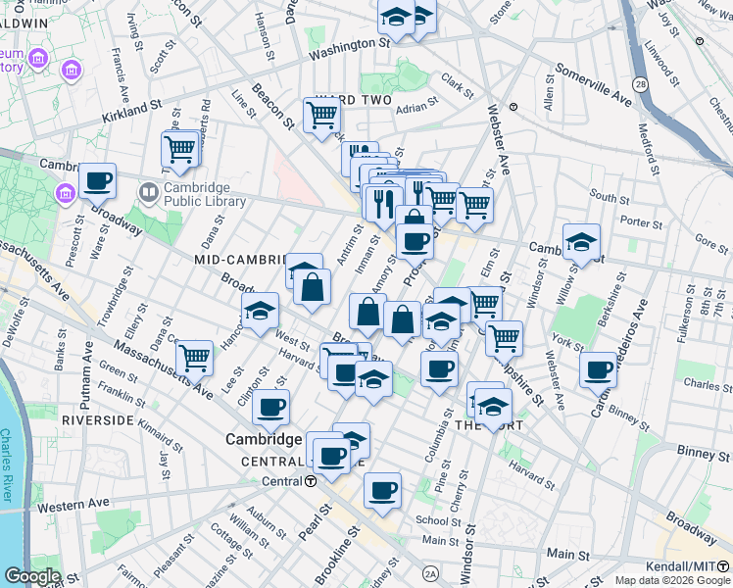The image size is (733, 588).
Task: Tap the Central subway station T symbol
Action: (x=311, y=481)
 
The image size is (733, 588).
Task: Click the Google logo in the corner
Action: (x=31, y=576)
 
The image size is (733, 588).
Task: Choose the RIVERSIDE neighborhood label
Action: (x=97, y=419)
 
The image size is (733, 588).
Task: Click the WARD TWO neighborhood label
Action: (x=353, y=100)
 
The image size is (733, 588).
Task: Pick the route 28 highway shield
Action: (x=640, y=85)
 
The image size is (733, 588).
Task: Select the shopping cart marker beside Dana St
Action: (x=180, y=150)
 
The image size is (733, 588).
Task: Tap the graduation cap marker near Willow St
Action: (x=581, y=242)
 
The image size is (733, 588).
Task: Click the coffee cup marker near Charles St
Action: (x=598, y=370)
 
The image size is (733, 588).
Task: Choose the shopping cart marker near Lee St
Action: (x=195, y=357)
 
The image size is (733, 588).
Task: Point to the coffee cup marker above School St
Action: (x=382, y=489)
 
